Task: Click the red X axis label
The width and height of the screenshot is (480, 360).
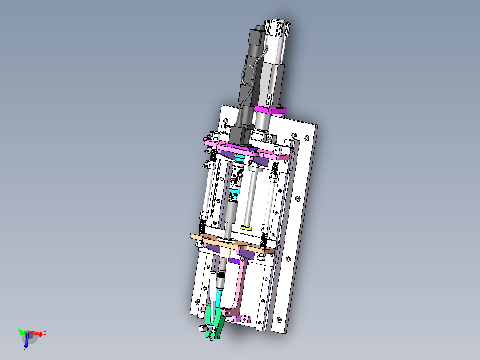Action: click(x=45, y=333)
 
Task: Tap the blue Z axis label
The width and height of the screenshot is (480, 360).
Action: click(x=25, y=349)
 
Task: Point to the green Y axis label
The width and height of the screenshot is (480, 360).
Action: click(x=19, y=329)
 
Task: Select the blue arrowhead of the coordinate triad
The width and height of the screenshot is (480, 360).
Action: click(x=26, y=345)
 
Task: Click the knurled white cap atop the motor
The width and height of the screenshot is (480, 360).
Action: click(x=277, y=28)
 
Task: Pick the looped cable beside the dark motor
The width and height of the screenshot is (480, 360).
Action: click(x=248, y=75)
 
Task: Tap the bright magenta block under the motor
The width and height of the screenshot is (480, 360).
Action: click(x=269, y=111)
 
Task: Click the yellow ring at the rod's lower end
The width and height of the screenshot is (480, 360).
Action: click(x=246, y=228)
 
